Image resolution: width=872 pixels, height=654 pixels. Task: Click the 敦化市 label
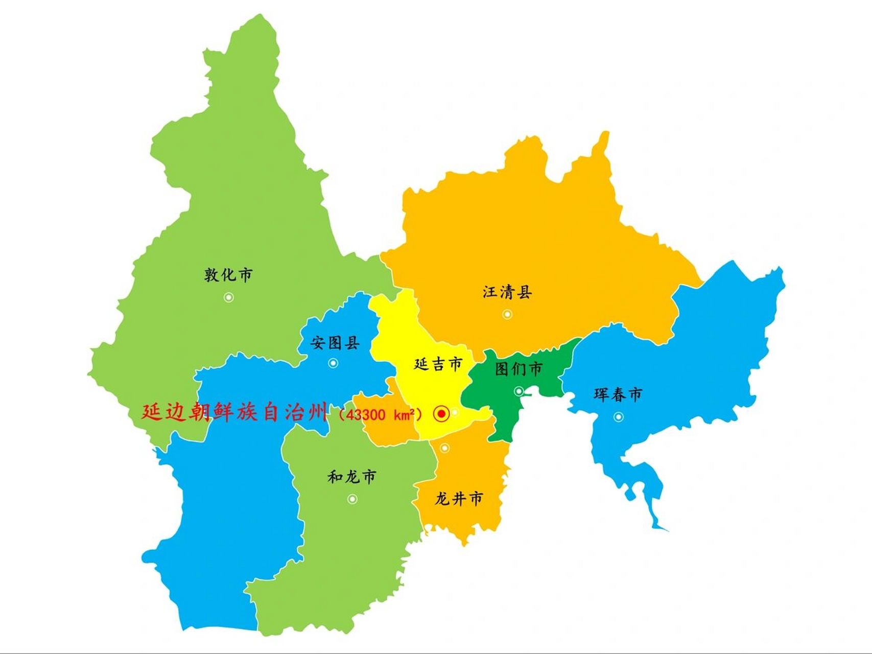[x=228, y=275]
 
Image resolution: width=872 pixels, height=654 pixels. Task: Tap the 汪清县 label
[x=507, y=292]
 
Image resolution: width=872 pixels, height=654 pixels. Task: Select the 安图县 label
[x=335, y=342]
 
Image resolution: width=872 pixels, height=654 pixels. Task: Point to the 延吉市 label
[x=438, y=364]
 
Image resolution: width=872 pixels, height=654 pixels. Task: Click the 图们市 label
[x=519, y=368]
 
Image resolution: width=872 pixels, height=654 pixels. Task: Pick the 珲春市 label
[x=618, y=394]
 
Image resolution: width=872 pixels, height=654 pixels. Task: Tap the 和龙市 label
[x=352, y=477]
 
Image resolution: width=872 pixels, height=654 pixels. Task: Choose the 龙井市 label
[x=459, y=499]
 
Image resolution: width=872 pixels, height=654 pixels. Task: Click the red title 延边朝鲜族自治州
[x=234, y=412]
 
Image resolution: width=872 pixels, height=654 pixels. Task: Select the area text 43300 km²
[x=381, y=414]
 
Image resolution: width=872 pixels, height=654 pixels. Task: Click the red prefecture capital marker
[x=441, y=414]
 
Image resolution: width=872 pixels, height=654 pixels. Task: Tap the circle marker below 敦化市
[x=229, y=297]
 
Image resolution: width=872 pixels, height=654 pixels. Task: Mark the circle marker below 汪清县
[x=507, y=314]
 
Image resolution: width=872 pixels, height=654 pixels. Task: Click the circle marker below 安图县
[x=333, y=363]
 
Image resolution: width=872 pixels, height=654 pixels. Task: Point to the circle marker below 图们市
[x=519, y=391]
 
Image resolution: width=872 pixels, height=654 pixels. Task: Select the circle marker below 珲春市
[x=618, y=417]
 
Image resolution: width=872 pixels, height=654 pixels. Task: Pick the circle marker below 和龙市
[x=352, y=499]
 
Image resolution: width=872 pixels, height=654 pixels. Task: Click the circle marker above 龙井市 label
[x=444, y=448]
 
